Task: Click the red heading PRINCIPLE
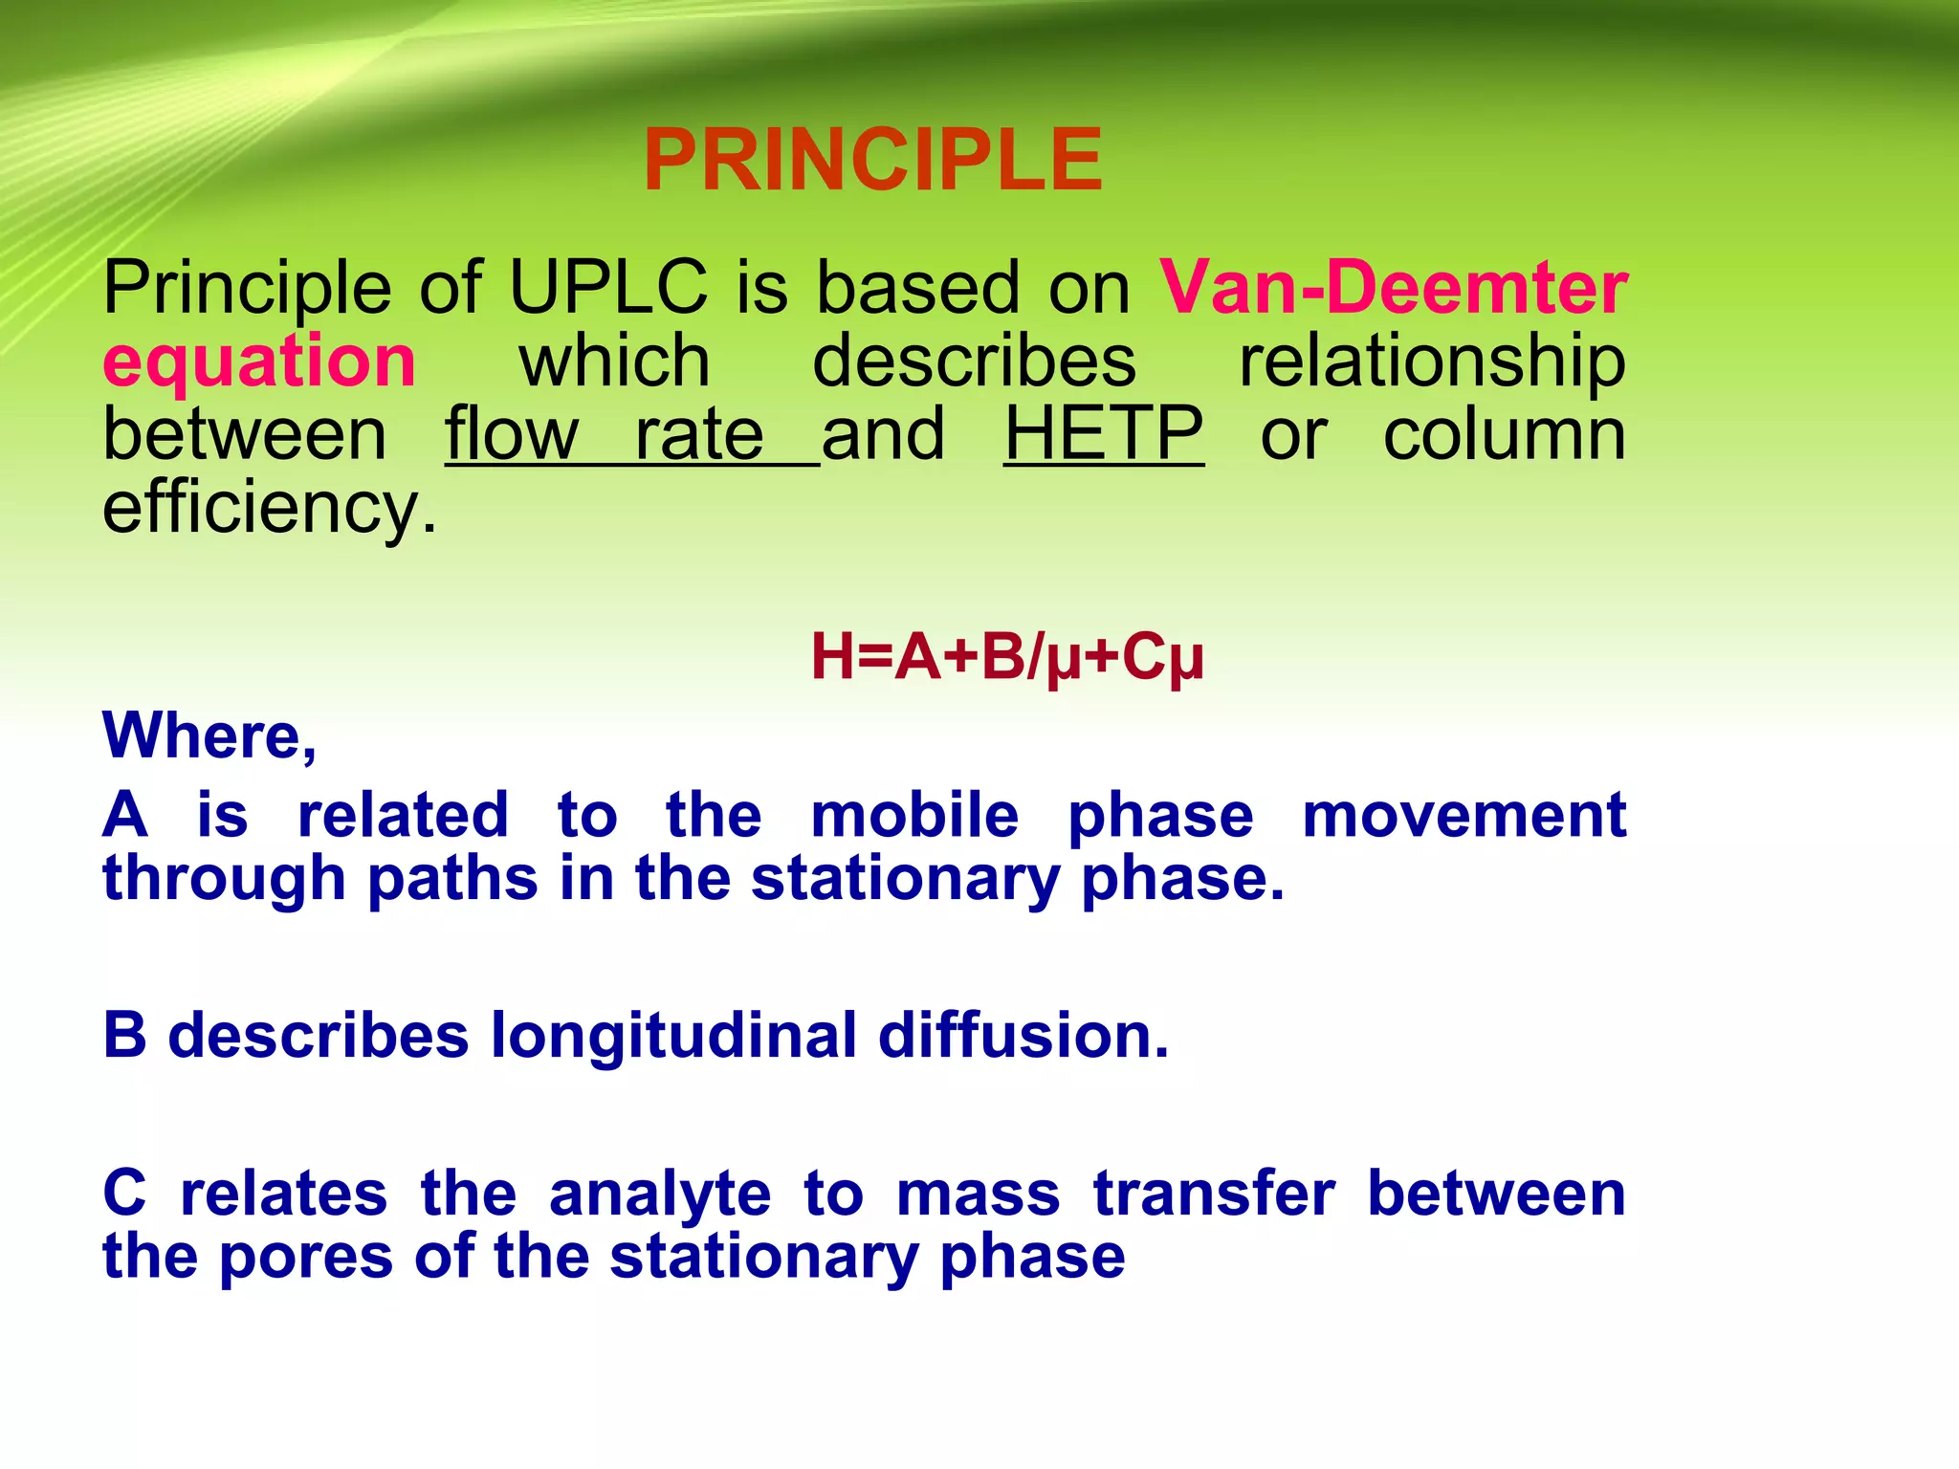pyautogui.click(x=872, y=160)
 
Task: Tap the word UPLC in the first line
pyautogui.click(x=607, y=287)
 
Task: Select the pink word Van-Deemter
pyautogui.click(x=1393, y=287)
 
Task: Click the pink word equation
pyautogui.click(x=259, y=363)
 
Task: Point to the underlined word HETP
pyautogui.click(x=1104, y=435)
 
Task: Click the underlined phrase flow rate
pyautogui.click(x=631, y=435)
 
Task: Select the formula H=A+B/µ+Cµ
pyautogui.click(x=1006, y=658)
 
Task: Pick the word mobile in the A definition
pyautogui.click(x=913, y=816)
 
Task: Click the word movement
pyautogui.click(x=1464, y=816)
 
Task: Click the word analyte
pyautogui.click(x=659, y=1195)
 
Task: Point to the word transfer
pyautogui.click(x=1213, y=1194)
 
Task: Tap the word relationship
pyautogui.click(x=1431, y=363)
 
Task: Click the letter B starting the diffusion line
pyautogui.click(x=125, y=1036)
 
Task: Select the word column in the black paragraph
pyautogui.click(x=1504, y=435)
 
